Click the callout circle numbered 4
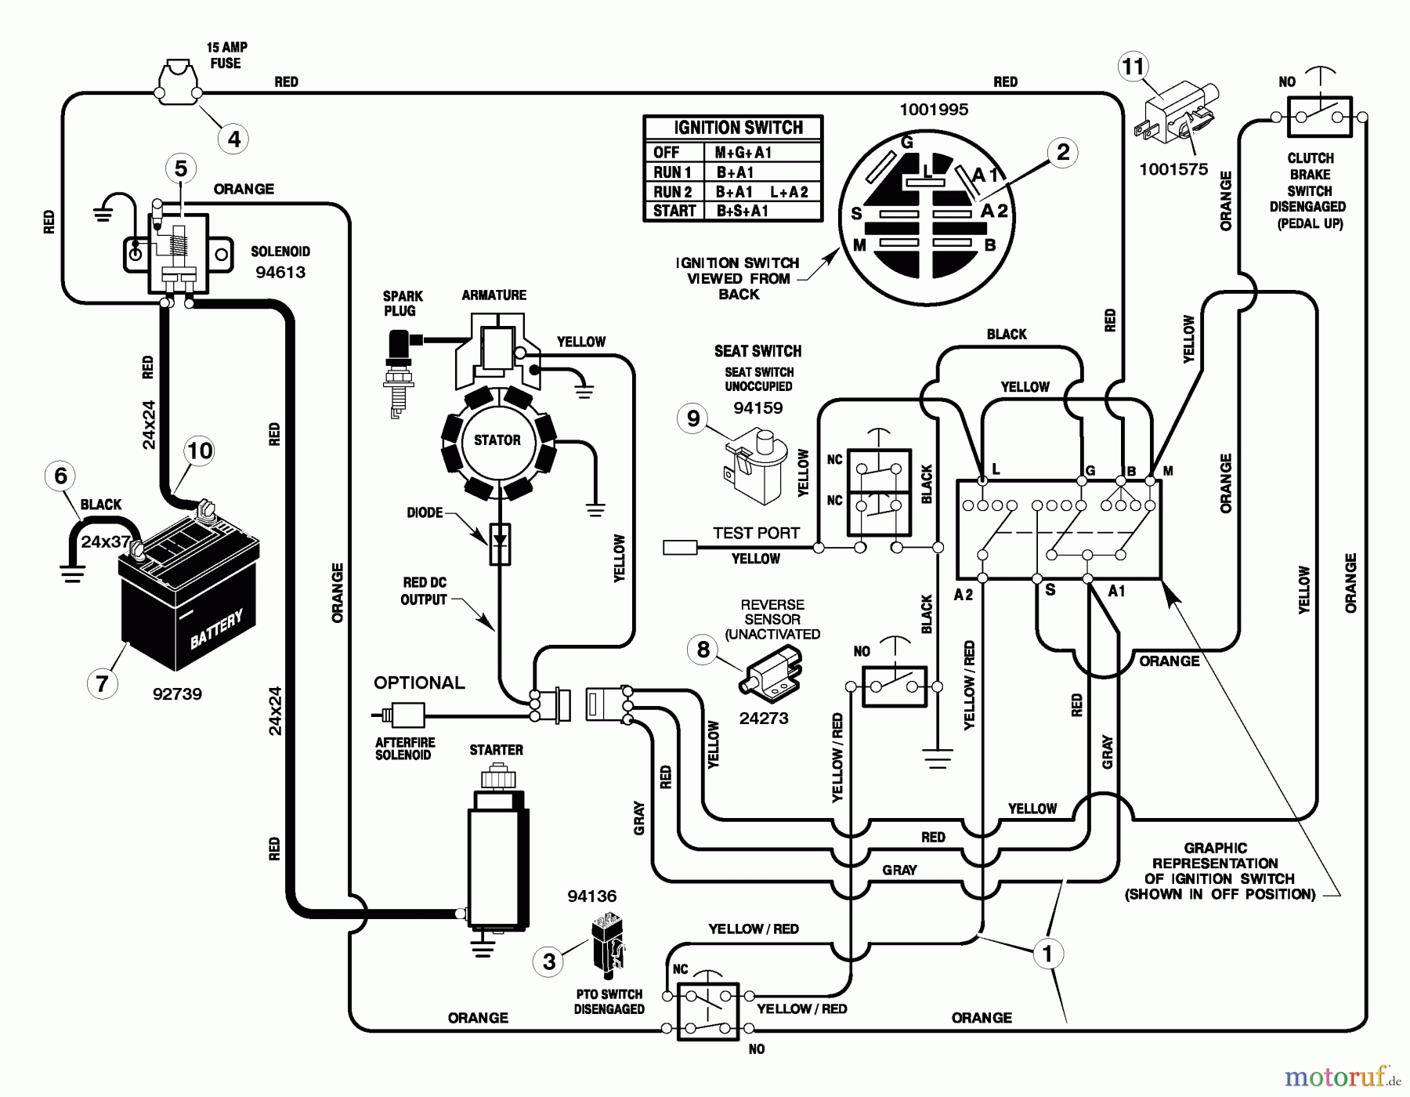coord(233,139)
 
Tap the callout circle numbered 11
coord(1133,67)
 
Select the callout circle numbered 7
coord(102,683)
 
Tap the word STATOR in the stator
coord(497,440)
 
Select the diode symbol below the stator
coord(500,543)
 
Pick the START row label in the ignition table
coord(674,211)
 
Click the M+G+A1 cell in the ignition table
coord(743,153)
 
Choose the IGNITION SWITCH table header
coord(738,128)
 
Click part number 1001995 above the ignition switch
coord(934,110)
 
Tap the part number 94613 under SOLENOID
coord(280,273)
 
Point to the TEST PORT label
coord(756,533)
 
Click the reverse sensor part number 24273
coord(764,719)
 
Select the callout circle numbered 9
coord(693,418)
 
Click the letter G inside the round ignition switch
coord(907,143)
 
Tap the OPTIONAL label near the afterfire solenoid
coord(419,682)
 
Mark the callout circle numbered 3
coord(549,961)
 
